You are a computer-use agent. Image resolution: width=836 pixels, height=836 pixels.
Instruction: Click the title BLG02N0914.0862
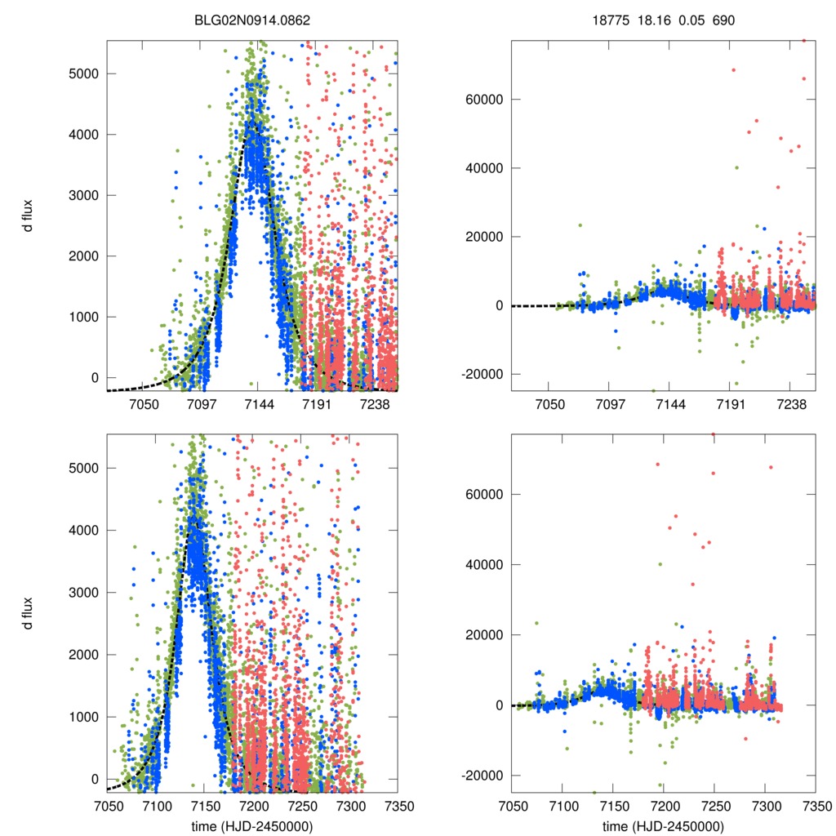251,19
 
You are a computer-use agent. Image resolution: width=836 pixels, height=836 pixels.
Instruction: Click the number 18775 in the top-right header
610,19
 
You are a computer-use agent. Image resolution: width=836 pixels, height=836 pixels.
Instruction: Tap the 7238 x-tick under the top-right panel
789,405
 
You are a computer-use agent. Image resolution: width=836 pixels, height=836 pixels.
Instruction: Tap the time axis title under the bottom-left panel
251,825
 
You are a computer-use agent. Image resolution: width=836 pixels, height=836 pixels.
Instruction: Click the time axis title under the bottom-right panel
663,825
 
